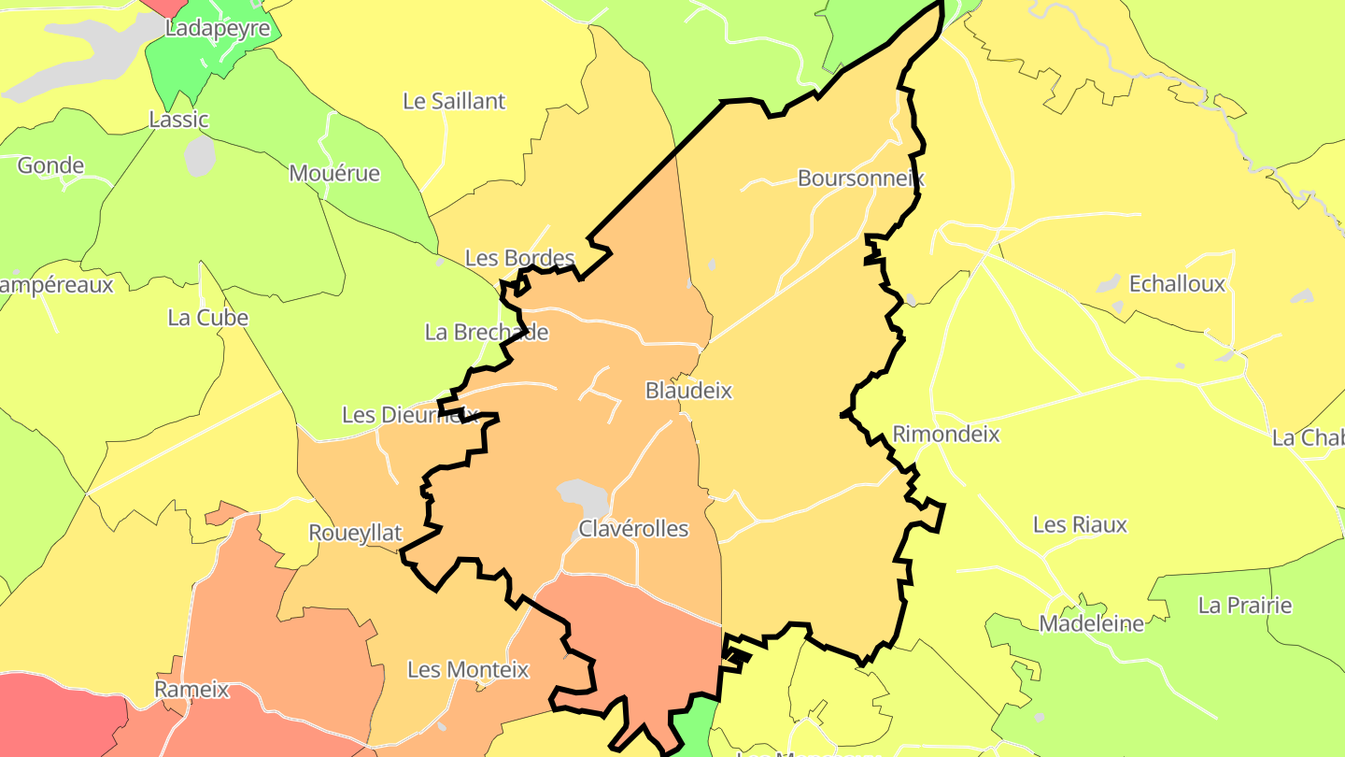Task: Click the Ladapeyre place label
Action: [x=218, y=28]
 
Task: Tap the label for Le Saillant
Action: [x=454, y=101]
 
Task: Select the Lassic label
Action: [x=179, y=120]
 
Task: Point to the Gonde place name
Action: [x=50, y=165]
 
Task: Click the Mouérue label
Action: [x=334, y=173]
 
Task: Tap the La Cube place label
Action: [x=208, y=317]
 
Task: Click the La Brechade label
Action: [x=486, y=332]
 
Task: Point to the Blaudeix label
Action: [x=688, y=391]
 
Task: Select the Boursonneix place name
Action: [x=860, y=178]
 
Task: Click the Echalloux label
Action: [x=1177, y=284]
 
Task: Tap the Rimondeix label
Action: [x=946, y=434]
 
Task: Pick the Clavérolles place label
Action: [x=633, y=528]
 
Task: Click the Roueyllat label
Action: [x=355, y=533]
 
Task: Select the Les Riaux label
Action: [x=1080, y=524]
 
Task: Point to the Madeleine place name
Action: [x=1091, y=623]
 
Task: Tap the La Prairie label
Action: [x=1245, y=605]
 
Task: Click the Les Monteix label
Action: [x=468, y=669]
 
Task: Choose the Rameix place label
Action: [x=191, y=690]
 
